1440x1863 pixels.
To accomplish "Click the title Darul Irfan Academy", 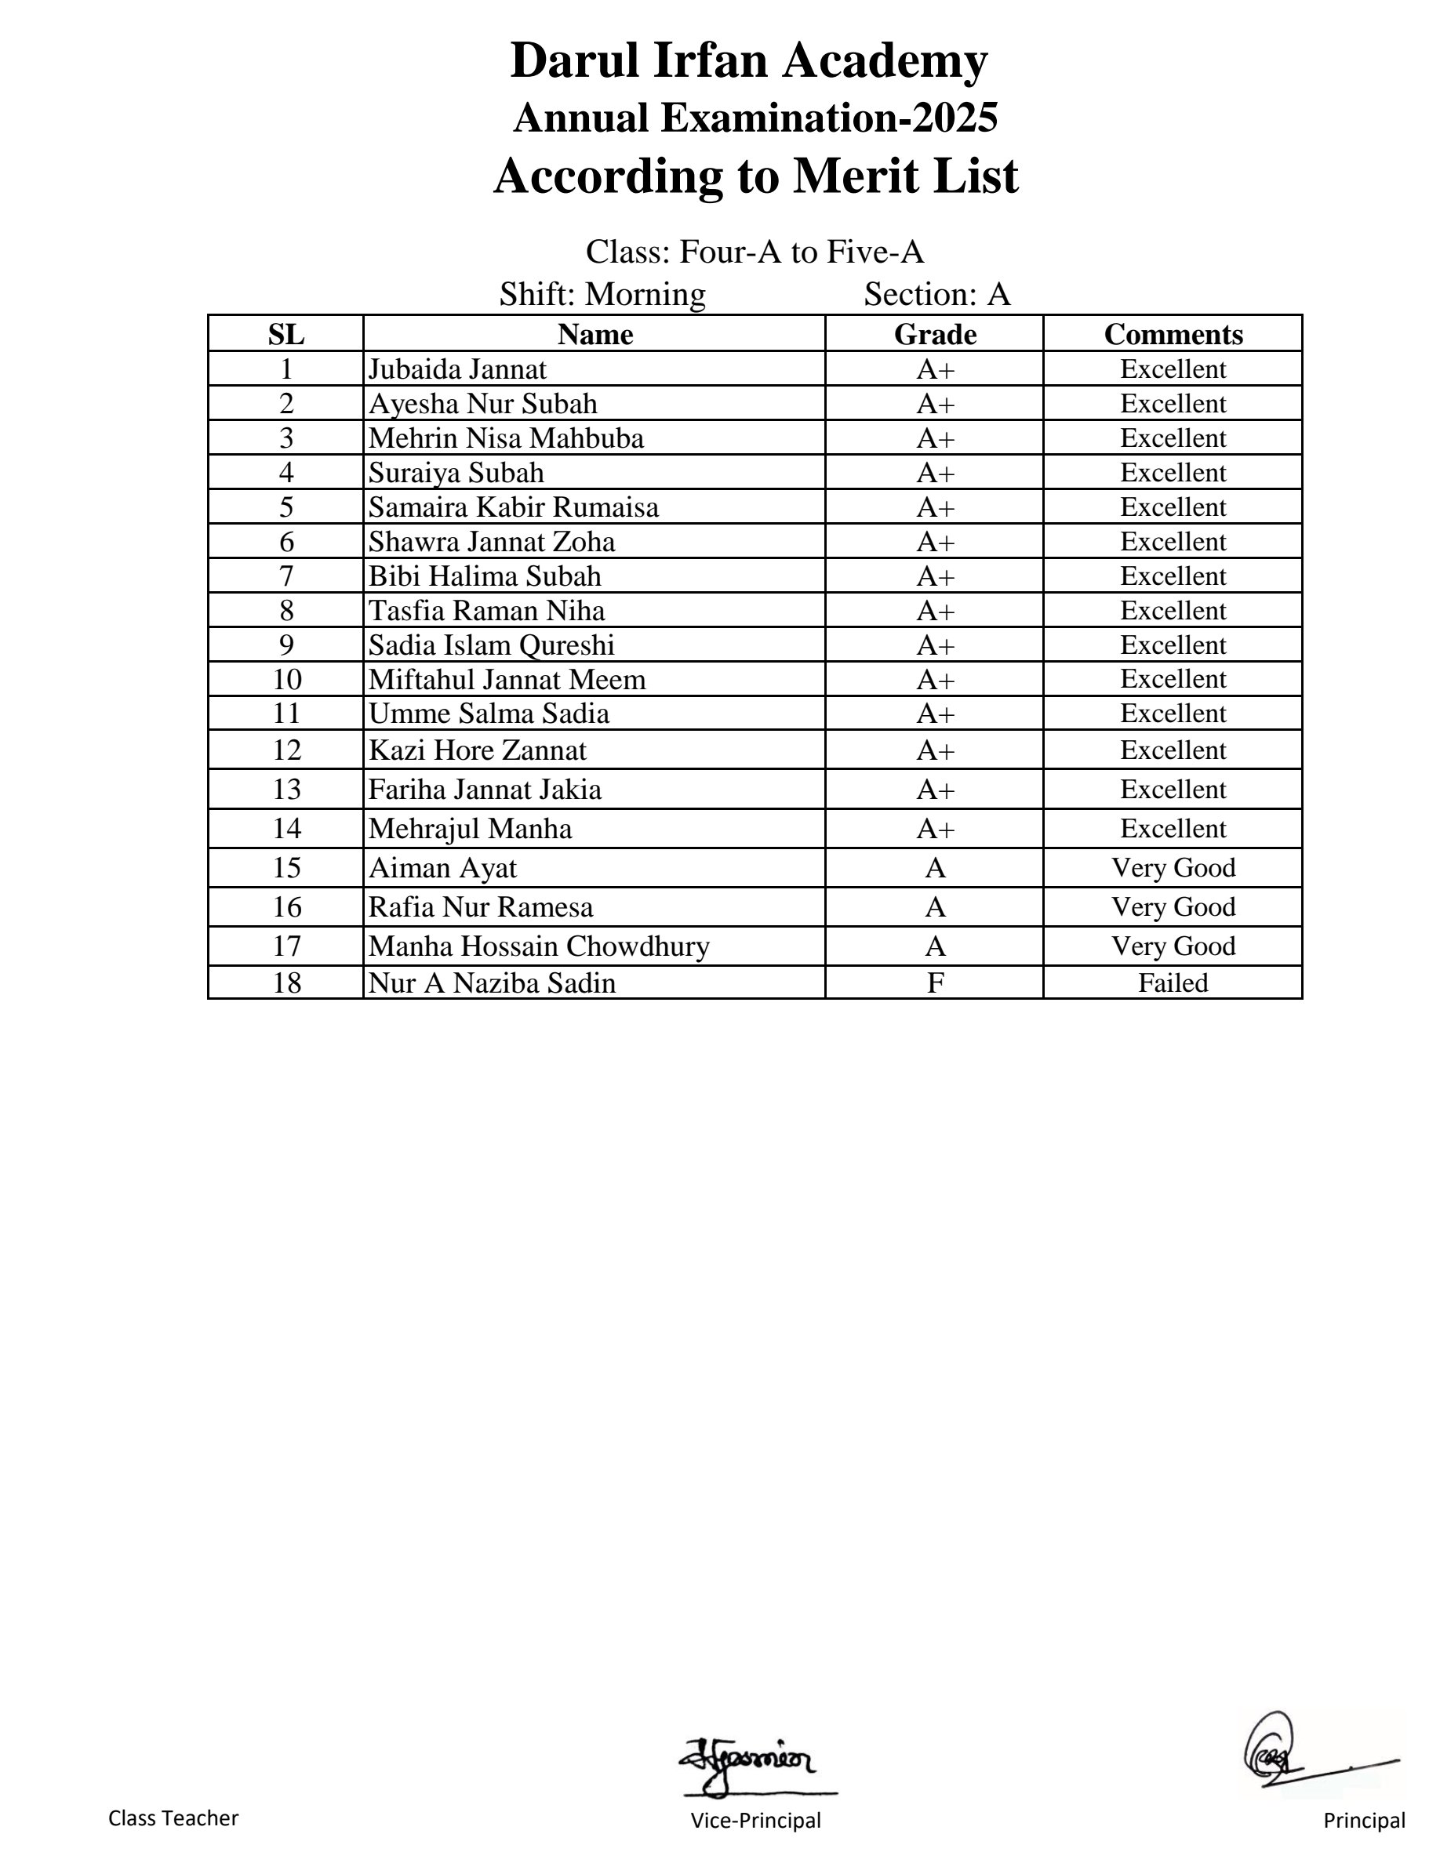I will pos(748,60).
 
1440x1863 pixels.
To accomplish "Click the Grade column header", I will pos(934,334).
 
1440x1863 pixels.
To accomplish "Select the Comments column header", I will pos(1173,334).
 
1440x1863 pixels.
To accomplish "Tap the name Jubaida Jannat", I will pos(457,369).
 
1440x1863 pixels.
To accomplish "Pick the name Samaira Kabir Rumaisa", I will pos(514,507).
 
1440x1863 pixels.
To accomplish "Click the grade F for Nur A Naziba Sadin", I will pos(935,982).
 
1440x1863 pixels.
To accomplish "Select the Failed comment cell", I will pos(1173,982).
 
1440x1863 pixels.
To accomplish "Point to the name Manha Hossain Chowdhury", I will pos(538,946).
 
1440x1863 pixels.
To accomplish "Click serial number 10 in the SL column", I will pos(286,680).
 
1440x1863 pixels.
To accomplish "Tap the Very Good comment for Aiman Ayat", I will pos(1173,867).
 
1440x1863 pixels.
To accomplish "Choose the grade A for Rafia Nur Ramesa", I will pos(935,906).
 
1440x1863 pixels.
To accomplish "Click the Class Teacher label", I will pos(173,1818).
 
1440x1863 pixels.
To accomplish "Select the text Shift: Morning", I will pos(602,294).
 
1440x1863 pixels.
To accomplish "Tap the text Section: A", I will pos(936,294).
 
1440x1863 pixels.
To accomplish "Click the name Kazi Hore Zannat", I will pos(477,750).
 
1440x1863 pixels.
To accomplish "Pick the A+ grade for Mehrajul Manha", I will pos(935,829).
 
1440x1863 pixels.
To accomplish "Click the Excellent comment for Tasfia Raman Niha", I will pos(1173,611).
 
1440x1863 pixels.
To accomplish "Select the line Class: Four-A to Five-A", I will pos(755,252).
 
